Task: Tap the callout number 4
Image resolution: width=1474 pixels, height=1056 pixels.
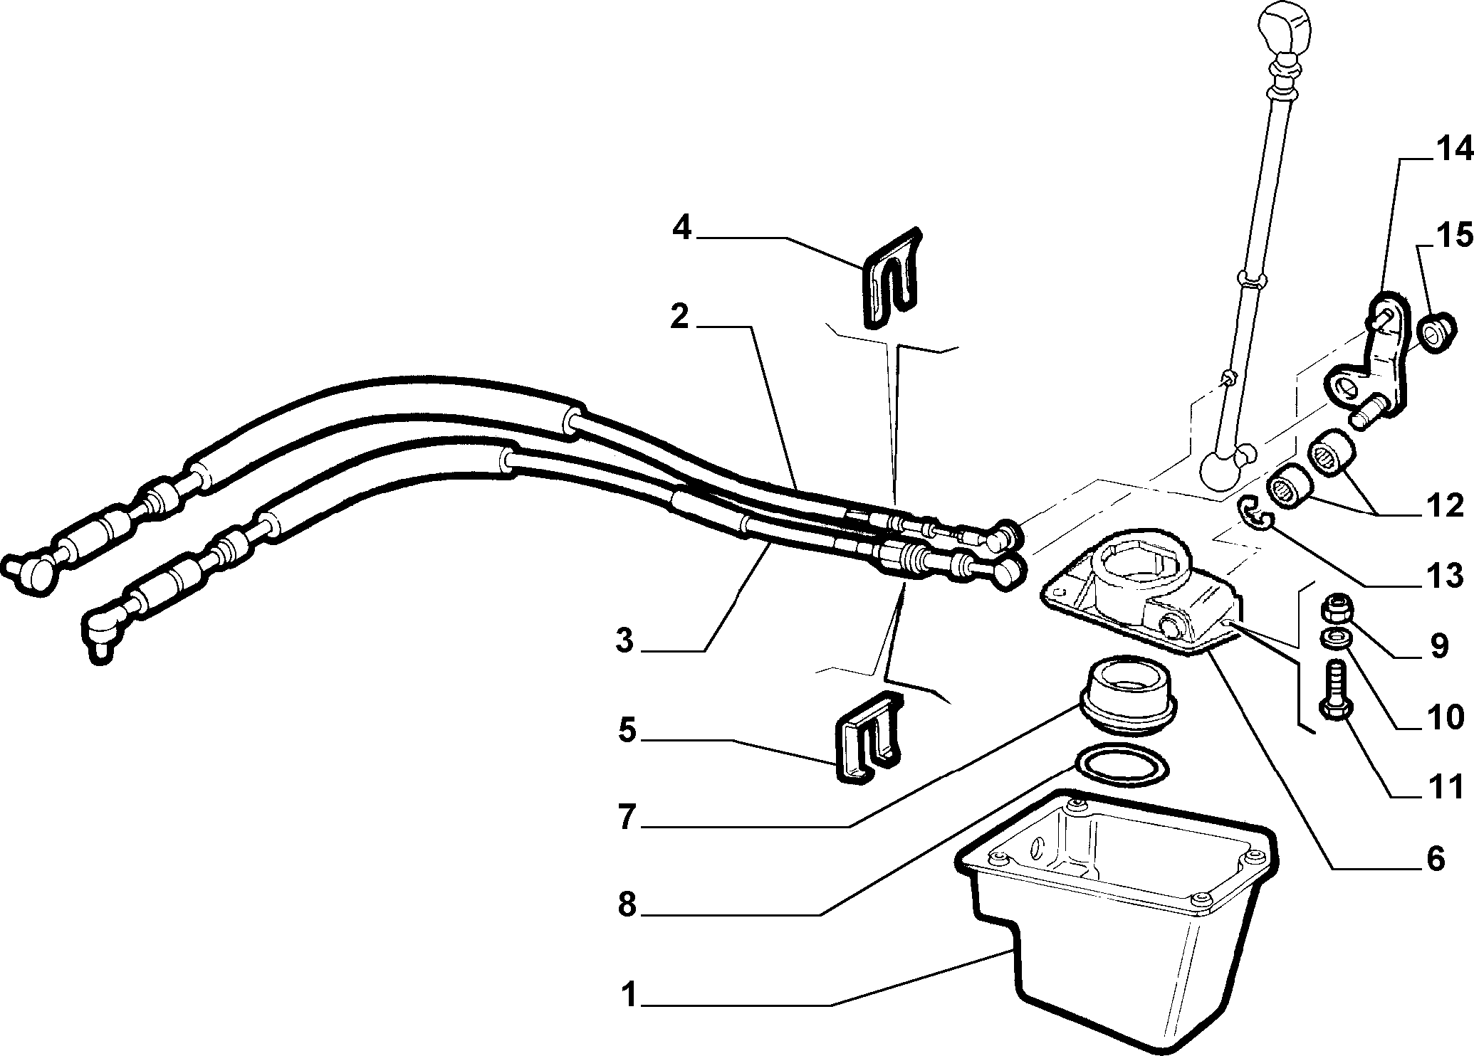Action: (682, 229)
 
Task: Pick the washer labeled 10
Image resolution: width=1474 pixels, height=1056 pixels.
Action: (1331, 638)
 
